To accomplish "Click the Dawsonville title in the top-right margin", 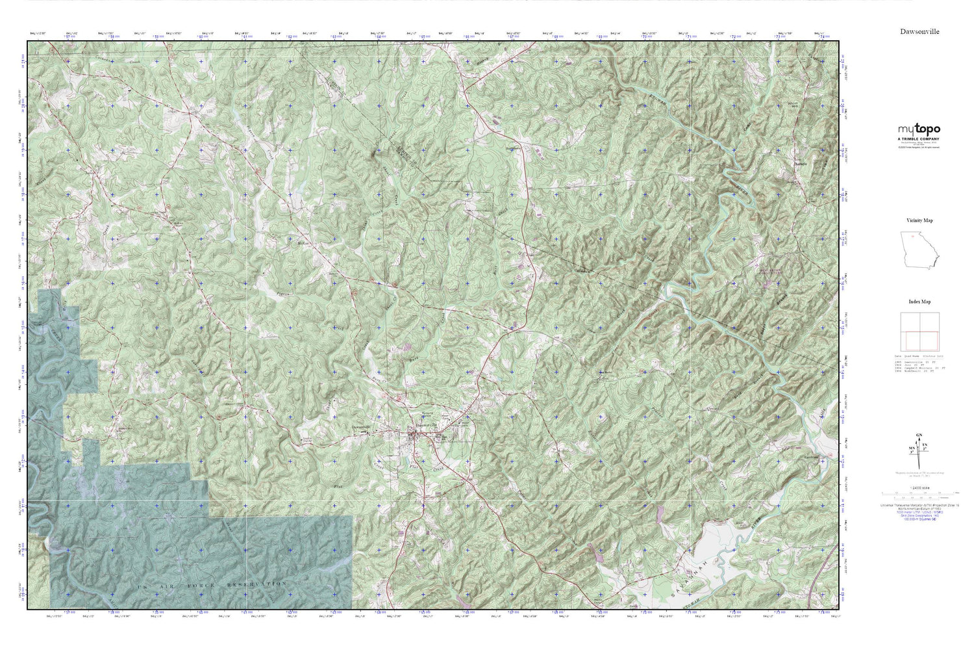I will coord(919,31).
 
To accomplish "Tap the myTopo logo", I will coord(919,129).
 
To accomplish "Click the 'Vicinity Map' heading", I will coord(919,220).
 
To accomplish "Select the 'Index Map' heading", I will coord(919,302).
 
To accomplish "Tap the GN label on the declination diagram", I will coord(918,435).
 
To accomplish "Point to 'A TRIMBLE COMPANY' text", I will coord(918,139).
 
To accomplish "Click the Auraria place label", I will coord(801,165).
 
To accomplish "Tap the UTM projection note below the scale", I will coord(918,506).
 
